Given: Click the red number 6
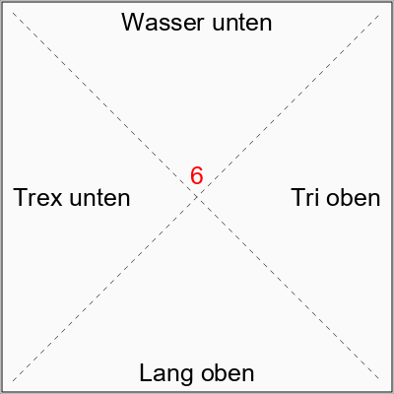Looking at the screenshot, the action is click(x=197, y=175).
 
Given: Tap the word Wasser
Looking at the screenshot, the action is click(x=163, y=23).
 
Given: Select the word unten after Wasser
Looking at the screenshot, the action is click(x=242, y=23).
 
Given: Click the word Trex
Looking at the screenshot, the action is click(x=37, y=198).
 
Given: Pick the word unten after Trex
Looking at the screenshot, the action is click(x=100, y=198).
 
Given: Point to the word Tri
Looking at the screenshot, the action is click(x=305, y=198).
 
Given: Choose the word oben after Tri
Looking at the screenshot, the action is click(x=354, y=198).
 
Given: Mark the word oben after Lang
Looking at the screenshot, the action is click(x=228, y=373).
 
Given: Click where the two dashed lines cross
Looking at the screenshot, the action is click(x=197, y=197).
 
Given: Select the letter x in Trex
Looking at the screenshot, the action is click(x=57, y=199).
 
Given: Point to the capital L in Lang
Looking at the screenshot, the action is click(x=145, y=373).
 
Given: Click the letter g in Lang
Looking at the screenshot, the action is click(x=186, y=376).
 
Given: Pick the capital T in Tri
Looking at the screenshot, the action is click(x=298, y=198).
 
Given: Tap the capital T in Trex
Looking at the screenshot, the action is click(x=21, y=198).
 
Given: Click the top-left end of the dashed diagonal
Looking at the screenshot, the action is click(x=13, y=13).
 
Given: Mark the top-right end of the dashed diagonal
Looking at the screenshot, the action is click(x=381, y=13).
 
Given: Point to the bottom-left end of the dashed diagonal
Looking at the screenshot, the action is click(x=13, y=381).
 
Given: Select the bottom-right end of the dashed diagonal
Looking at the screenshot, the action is click(x=381, y=381).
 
